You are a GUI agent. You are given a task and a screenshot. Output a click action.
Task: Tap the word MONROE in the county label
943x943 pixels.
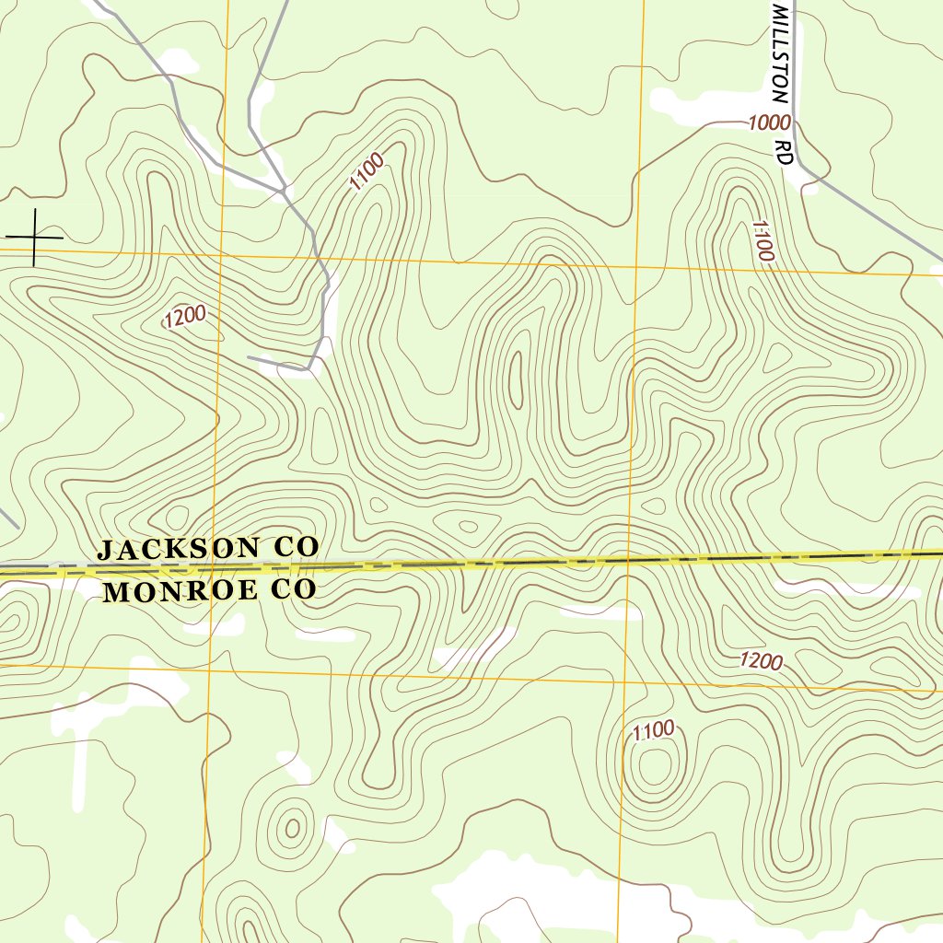tap(181, 591)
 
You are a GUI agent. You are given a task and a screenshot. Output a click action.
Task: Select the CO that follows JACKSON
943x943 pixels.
tap(296, 546)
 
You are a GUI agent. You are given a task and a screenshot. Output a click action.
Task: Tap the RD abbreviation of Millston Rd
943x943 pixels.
tap(784, 152)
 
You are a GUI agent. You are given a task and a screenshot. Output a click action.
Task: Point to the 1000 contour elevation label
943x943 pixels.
tap(769, 122)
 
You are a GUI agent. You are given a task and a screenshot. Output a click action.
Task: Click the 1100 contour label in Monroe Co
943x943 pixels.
tap(654, 731)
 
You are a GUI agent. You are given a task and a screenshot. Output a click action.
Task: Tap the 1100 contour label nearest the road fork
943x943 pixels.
tap(366, 172)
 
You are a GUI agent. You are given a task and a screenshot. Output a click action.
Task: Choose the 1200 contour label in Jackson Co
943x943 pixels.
tap(184, 317)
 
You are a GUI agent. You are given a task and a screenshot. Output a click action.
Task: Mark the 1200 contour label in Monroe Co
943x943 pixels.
tap(761, 661)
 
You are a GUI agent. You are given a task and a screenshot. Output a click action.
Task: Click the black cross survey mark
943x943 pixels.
tap(34, 238)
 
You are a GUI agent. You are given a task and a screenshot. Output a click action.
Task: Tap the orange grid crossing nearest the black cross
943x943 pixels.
tap(221, 250)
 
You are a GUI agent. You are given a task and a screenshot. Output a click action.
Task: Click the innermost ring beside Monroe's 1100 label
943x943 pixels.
tap(655, 766)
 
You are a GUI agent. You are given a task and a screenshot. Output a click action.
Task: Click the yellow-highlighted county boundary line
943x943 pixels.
tap(553, 561)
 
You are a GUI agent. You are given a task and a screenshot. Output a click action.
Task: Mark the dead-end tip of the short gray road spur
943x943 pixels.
tap(249, 356)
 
